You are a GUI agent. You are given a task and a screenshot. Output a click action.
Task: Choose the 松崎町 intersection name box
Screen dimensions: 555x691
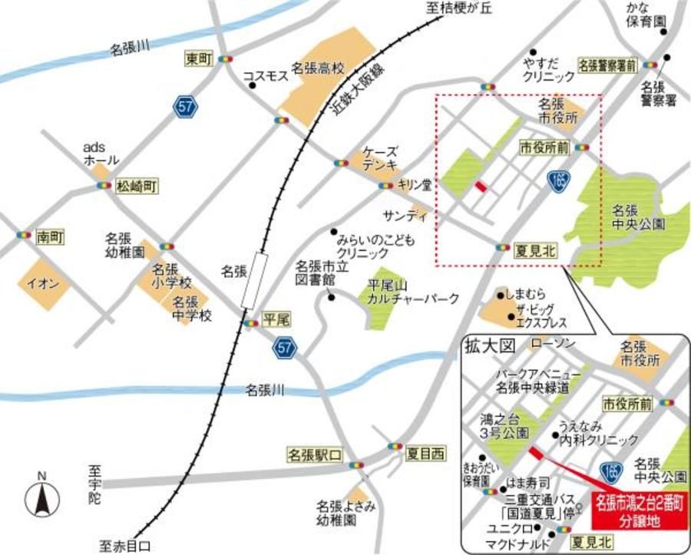(136, 186)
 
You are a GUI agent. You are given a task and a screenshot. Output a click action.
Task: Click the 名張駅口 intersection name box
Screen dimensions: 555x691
(312, 454)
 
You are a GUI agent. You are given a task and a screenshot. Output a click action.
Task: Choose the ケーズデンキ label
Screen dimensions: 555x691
(381, 158)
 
